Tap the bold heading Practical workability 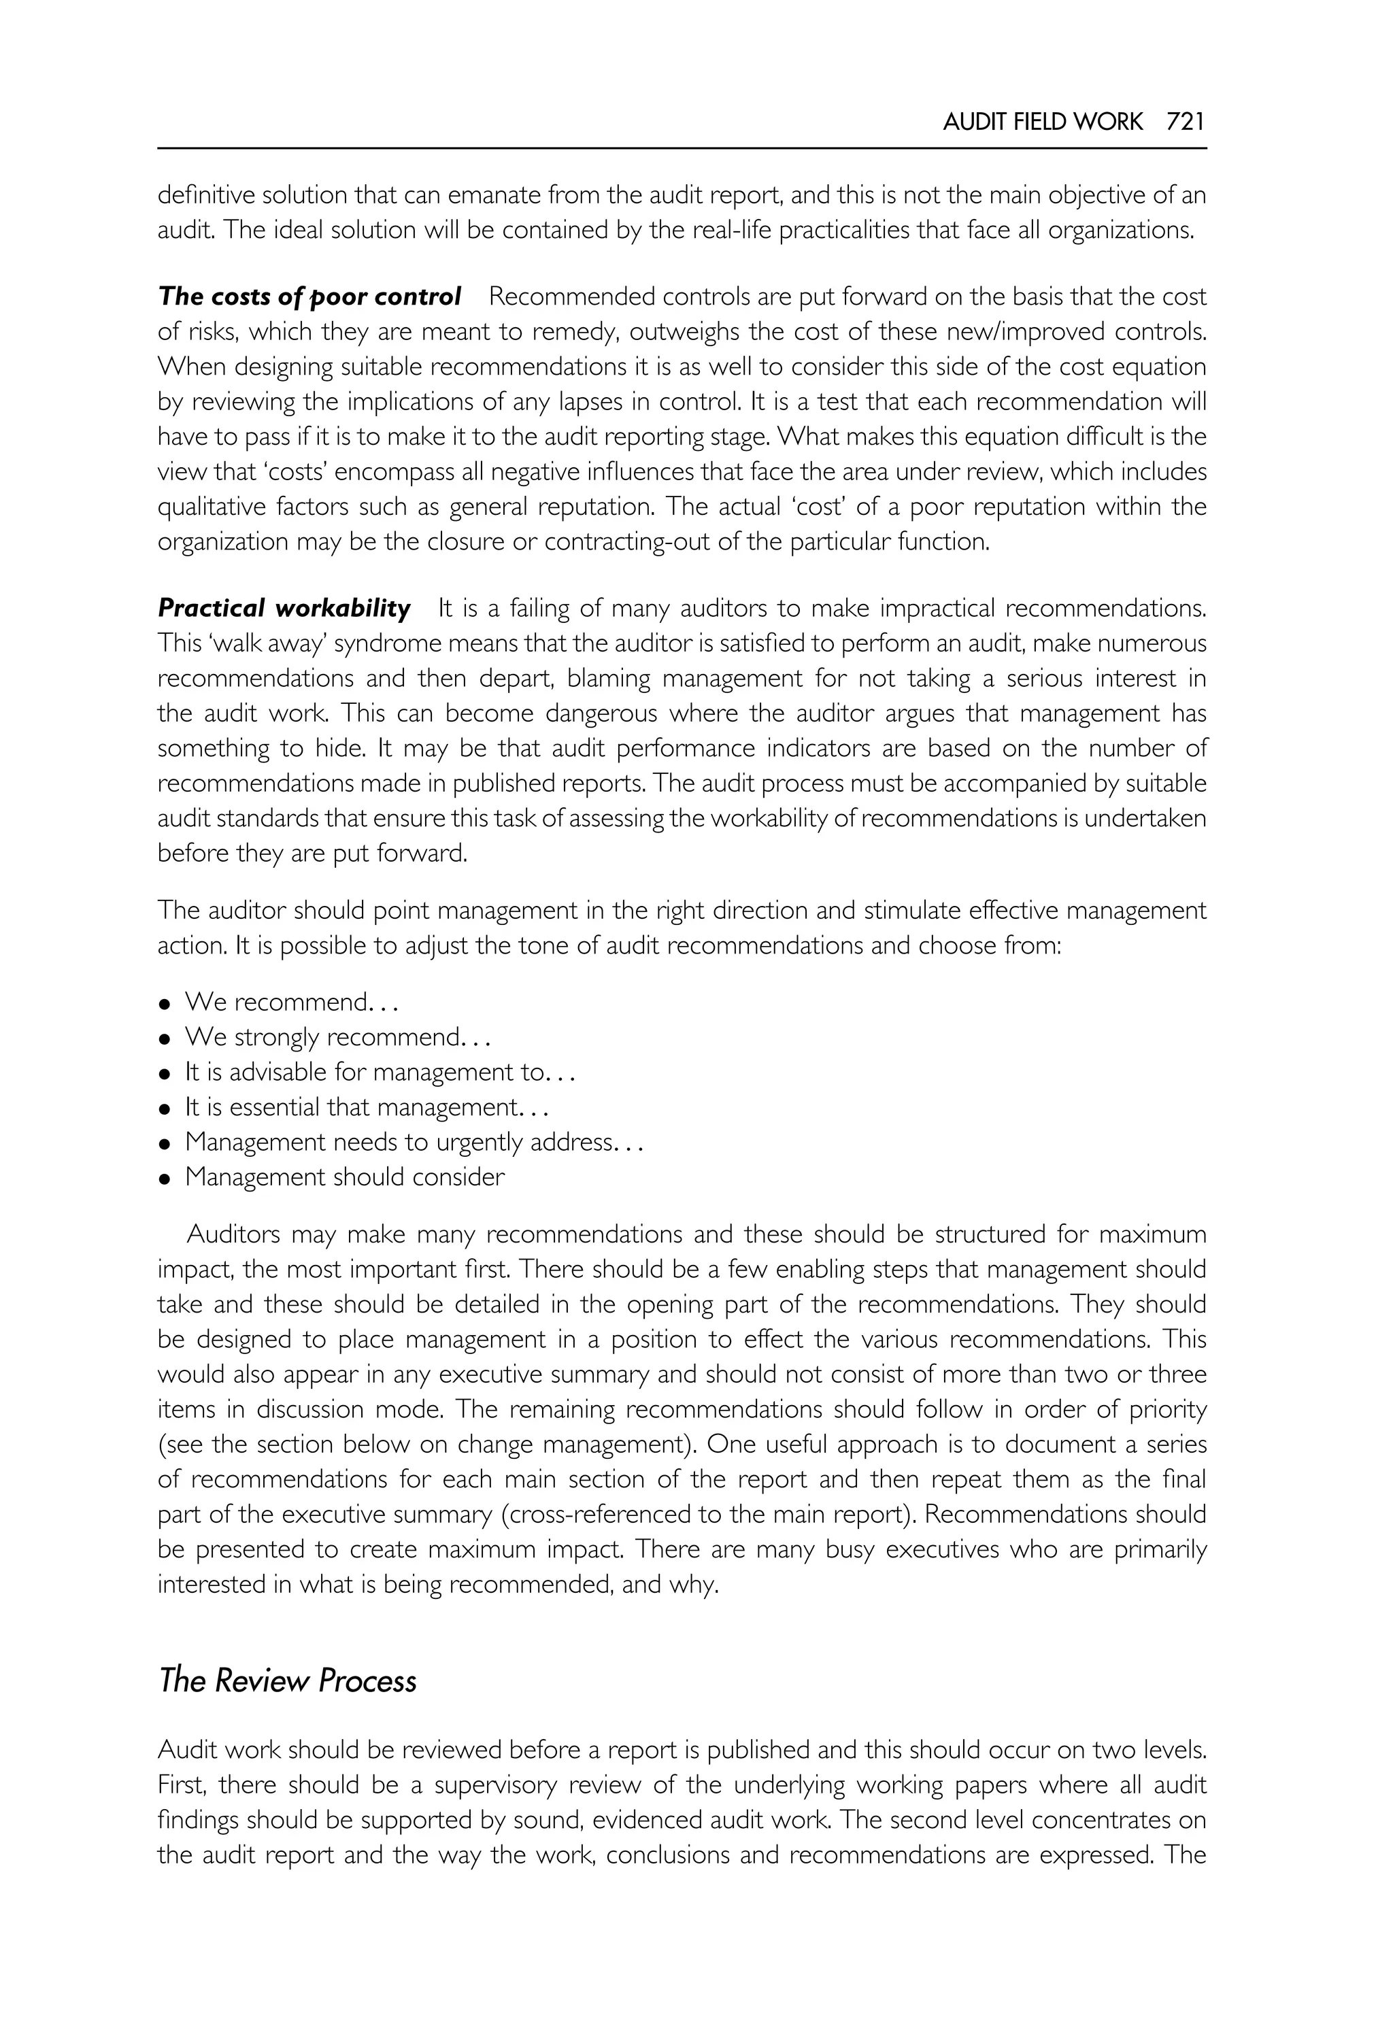(284, 607)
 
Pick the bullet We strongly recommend (336, 1037)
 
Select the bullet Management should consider (345, 1177)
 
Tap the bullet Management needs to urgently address (413, 1142)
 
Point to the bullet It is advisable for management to (378, 1072)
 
